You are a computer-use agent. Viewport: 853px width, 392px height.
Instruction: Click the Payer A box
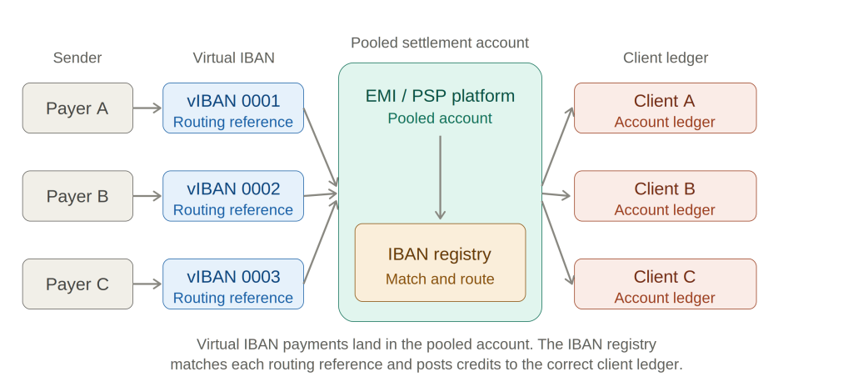pos(77,108)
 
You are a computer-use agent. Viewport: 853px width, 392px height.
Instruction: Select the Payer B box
pos(77,196)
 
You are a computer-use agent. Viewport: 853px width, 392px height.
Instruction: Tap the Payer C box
pos(77,284)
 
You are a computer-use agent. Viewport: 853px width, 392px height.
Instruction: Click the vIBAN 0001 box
pos(233,108)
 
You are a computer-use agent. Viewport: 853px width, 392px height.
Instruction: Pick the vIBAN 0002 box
pos(233,196)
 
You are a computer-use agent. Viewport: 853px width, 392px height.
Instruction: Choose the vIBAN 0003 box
pos(233,284)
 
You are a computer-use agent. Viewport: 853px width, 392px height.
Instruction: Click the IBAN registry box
pos(440,263)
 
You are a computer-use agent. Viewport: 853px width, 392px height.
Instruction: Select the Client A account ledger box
pos(665,108)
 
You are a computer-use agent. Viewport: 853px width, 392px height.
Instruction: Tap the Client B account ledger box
pos(665,196)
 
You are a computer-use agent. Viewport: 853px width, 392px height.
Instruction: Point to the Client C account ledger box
pos(665,284)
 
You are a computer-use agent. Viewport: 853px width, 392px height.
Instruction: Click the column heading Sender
pos(77,58)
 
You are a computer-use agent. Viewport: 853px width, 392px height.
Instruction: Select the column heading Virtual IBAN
pos(233,58)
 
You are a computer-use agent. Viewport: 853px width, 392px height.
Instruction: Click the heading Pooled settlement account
pos(440,43)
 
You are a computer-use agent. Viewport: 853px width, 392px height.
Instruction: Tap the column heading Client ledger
pos(665,58)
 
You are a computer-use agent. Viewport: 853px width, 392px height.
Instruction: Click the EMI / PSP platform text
pos(440,96)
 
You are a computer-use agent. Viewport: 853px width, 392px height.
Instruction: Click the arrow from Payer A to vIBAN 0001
pos(147,108)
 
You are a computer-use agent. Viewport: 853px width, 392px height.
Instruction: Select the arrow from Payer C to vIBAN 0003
pos(147,284)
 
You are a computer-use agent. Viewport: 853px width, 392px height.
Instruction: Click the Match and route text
pos(440,279)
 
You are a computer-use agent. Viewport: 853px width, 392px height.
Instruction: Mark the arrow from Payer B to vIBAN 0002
pos(147,196)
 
